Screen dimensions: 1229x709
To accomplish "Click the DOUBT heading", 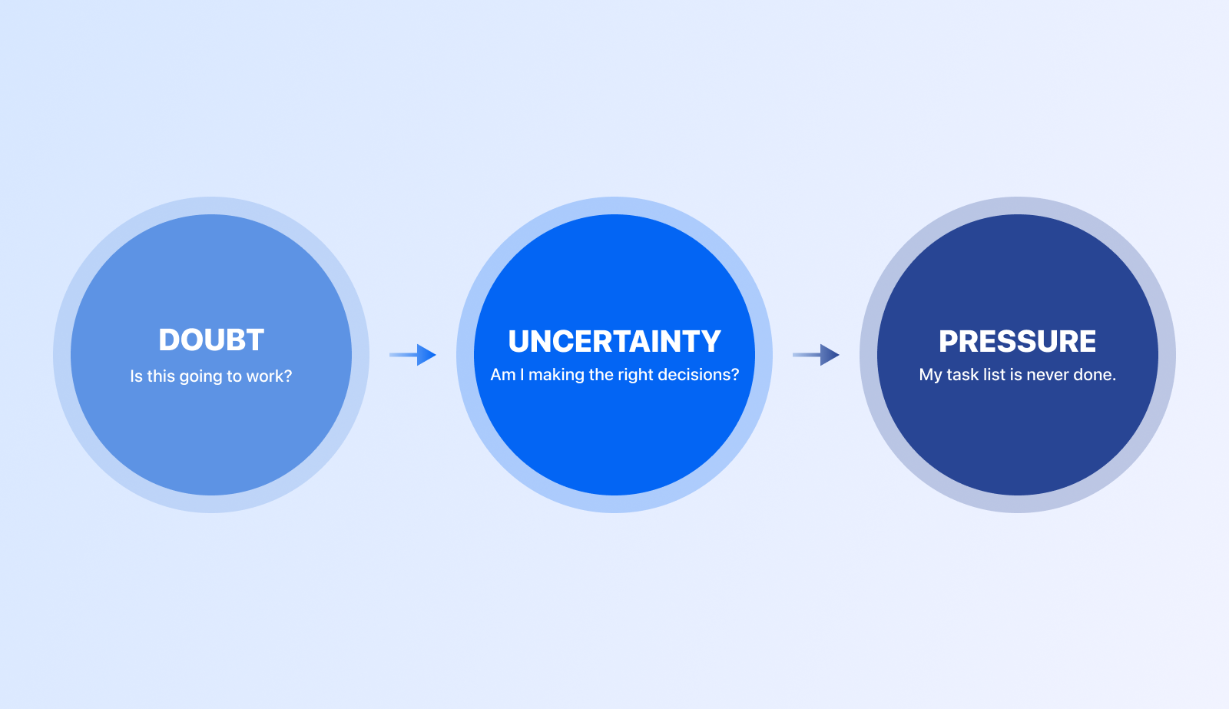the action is coord(211,340).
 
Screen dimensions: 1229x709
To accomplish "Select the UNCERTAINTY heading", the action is coord(614,341).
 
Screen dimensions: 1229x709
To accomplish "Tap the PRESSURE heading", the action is coord(1017,341).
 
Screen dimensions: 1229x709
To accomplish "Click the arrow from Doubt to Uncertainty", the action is coord(412,355).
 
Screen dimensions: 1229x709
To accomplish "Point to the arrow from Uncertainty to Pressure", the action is coord(816,355).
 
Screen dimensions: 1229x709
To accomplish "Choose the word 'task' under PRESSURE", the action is coord(962,375).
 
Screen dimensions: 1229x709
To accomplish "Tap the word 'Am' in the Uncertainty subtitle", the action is coord(502,375).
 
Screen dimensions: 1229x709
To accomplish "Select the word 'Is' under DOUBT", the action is coord(136,376).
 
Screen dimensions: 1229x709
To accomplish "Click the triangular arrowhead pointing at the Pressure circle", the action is coord(830,355).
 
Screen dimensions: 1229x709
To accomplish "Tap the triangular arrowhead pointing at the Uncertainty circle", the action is coord(426,355).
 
